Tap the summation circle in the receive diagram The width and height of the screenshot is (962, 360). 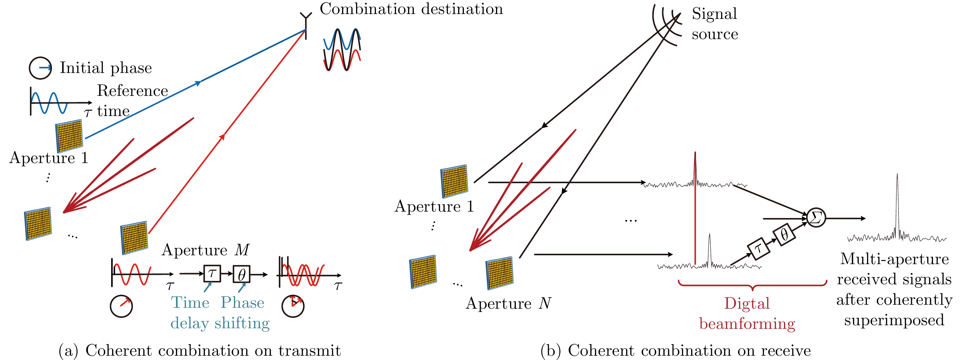tap(816, 218)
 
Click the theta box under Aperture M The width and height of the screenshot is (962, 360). tap(241, 275)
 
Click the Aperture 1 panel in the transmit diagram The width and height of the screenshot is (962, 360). tap(69, 135)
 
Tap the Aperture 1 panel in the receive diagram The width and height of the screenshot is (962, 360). tap(454, 181)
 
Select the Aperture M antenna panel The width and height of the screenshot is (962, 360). tap(134, 238)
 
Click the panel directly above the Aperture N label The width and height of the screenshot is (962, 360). tap(500, 273)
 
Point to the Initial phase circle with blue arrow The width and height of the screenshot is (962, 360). tap(40, 68)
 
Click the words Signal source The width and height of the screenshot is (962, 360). tap(714, 24)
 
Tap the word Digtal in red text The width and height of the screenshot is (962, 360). tap(747, 304)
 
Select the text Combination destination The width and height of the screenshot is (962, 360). tap(411, 9)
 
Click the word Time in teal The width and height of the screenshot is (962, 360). tap(190, 303)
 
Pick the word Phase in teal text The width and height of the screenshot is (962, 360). tap(242, 303)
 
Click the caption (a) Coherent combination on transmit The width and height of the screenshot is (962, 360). tap(200, 350)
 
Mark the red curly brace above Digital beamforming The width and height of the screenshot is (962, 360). tap(752, 286)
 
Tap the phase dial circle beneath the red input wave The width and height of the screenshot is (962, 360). tap(121, 306)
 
